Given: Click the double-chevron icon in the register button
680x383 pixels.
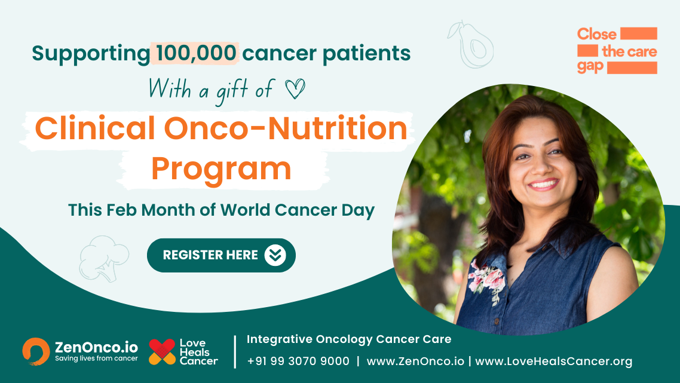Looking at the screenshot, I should tap(275, 255).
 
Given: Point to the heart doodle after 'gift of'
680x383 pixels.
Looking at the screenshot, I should tap(295, 90).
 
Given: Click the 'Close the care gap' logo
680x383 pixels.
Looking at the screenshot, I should tap(617, 50).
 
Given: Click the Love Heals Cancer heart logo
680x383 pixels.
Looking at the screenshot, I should tap(162, 351).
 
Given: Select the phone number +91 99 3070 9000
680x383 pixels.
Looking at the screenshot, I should tap(298, 361).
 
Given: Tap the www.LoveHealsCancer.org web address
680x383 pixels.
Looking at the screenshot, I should tap(553, 361).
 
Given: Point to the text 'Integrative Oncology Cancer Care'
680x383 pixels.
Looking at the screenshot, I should tap(349, 339).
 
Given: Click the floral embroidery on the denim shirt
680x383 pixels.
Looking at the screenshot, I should tap(486, 279).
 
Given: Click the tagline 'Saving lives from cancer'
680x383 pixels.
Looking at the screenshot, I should tap(96, 359).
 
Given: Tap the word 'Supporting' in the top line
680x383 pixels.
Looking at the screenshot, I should tap(90, 53).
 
